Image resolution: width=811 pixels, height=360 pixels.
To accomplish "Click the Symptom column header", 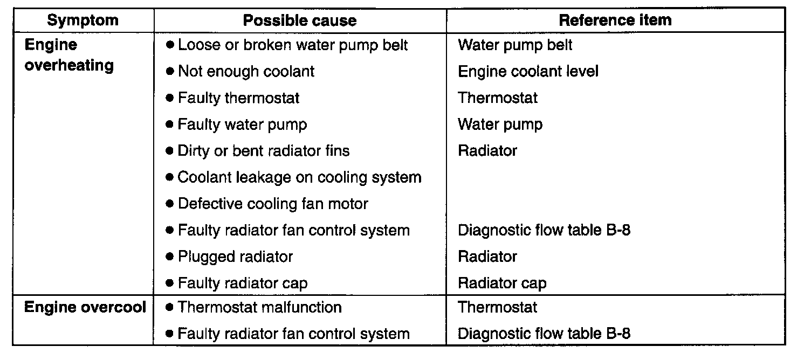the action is coord(83,20).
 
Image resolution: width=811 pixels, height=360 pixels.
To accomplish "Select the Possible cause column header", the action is coord(300,20).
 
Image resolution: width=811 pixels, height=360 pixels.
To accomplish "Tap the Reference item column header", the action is coord(615,20).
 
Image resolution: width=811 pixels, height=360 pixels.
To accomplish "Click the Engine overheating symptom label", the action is coord(69,55).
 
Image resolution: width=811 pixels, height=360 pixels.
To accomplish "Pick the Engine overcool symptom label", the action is coord(85,307).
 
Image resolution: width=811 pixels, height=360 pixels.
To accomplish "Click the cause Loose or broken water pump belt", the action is coord(293,45).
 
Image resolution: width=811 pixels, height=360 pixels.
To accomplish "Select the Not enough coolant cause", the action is coord(246,72).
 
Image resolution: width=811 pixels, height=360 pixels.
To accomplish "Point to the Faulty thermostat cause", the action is coord(238,98).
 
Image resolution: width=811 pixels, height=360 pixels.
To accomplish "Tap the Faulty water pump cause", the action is coord(242,124).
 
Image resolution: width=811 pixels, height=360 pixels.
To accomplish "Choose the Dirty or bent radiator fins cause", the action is coord(263,151).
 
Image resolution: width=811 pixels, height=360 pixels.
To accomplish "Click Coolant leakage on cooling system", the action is coord(299,177).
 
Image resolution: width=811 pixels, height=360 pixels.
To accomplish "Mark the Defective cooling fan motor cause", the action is coord(273,204).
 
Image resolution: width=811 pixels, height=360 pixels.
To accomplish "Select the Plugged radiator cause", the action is coord(235,257).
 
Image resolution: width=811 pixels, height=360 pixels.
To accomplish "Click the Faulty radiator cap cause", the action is coord(243,283).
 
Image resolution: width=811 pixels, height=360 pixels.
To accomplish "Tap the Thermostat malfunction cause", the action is coord(259,307).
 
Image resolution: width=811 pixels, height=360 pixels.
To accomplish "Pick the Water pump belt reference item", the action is coord(515,45).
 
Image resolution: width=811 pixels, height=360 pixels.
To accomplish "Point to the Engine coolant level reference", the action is coord(528,72).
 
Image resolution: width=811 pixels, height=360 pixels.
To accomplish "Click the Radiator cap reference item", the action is coord(502,283).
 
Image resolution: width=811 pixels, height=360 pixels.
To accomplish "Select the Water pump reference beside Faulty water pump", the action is coord(500,124).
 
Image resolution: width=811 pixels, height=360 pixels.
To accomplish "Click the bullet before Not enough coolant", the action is coord(170,72).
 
